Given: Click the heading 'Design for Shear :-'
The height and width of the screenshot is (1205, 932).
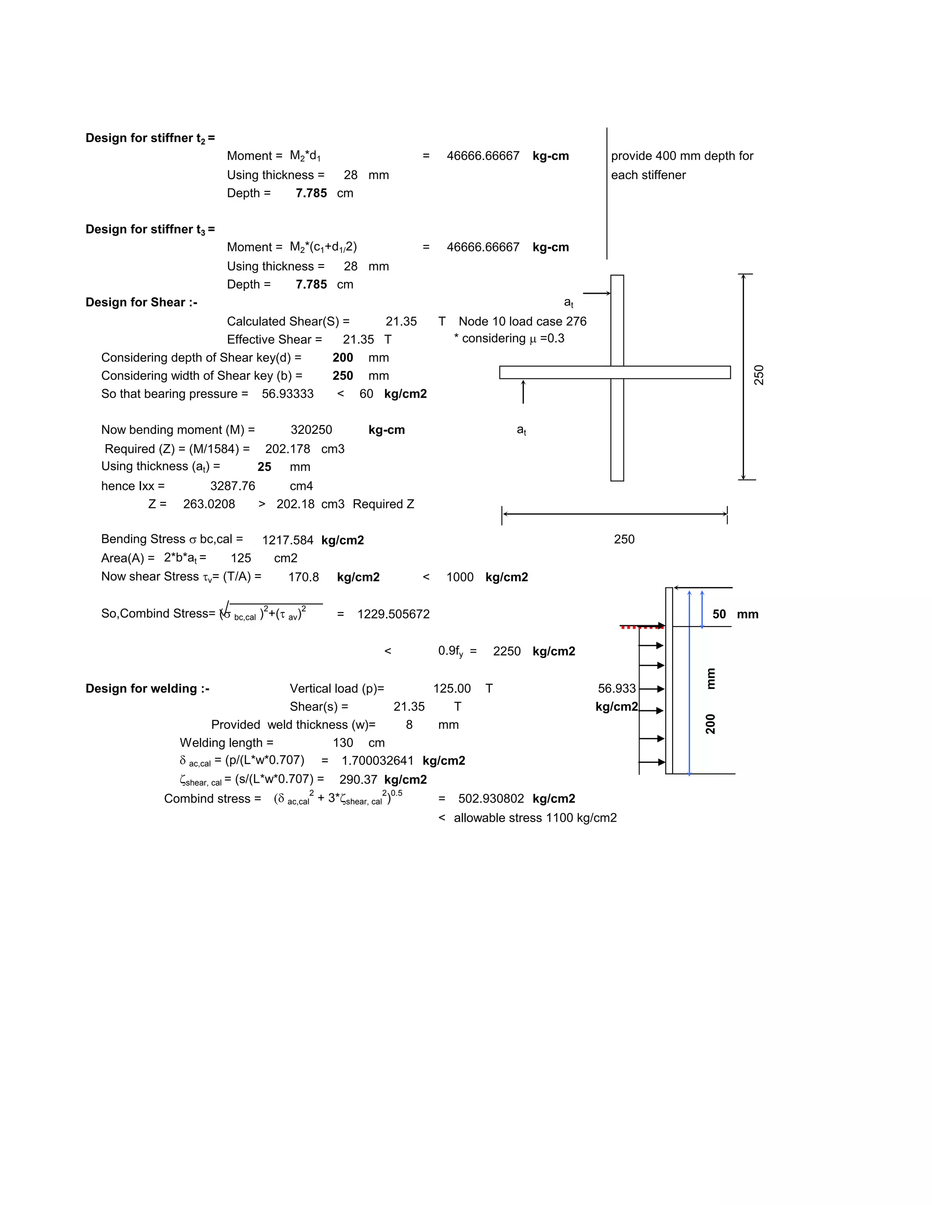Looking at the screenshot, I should [x=142, y=302].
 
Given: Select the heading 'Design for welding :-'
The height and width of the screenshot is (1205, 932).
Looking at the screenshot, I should [x=147, y=688].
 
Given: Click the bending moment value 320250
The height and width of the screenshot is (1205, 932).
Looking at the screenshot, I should [x=311, y=430].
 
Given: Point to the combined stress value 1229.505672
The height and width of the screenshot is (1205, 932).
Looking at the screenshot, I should [x=393, y=614].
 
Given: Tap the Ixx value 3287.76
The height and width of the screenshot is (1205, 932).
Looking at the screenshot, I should [x=233, y=486].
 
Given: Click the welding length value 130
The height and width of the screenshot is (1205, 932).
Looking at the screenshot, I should [x=343, y=743].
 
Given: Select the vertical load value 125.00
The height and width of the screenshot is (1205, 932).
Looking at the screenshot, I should [x=451, y=688].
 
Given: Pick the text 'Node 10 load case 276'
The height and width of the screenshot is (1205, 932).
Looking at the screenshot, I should [x=522, y=321].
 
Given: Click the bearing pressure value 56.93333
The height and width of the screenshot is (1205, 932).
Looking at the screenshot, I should [x=288, y=394].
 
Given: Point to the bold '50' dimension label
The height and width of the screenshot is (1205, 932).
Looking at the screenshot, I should [x=719, y=615].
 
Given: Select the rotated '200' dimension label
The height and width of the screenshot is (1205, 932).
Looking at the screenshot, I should [x=710, y=724].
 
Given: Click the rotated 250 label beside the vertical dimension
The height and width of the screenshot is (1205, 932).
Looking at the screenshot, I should [x=759, y=375].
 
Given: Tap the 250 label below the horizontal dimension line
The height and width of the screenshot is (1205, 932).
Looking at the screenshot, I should [x=624, y=540].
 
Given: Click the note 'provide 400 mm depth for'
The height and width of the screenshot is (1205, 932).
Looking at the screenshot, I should [x=682, y=156].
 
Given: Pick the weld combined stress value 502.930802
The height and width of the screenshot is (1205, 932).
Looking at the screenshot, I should [x=491, y=799].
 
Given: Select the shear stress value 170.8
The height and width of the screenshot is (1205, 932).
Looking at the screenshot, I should [x=304, y=577].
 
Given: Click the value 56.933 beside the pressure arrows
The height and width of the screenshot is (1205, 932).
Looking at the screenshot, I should [x=617, y=688].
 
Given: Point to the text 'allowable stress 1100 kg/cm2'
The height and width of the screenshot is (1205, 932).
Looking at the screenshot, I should [x=535, y=818].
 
